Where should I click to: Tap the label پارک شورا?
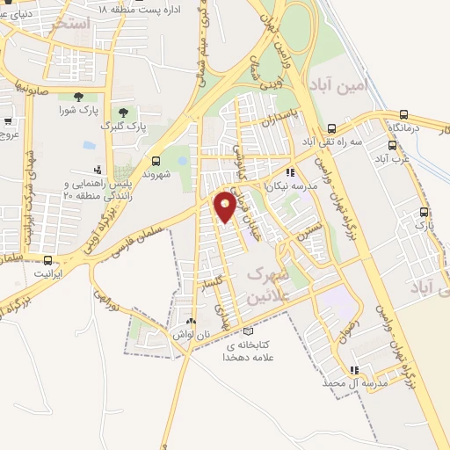coord(77,111)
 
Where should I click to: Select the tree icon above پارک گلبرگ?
coord(122,112)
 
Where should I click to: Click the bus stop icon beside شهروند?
coord(156,161)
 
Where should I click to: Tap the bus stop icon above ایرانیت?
coord(47,260)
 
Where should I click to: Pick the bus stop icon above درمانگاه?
coord(404,114)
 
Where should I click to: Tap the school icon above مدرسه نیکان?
coord(291,173)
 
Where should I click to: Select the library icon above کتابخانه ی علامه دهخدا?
coord(249,332)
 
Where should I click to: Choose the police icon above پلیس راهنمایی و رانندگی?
coord(96,169)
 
